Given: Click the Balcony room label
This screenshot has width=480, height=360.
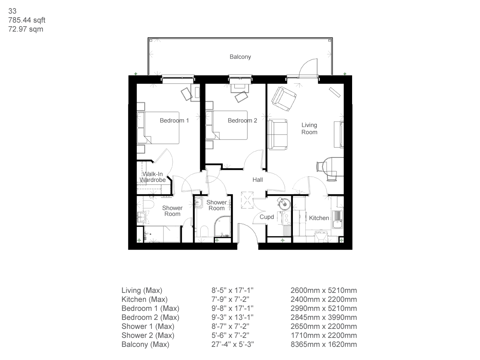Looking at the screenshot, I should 240,57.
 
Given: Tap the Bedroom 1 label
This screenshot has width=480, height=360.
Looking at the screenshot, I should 174,120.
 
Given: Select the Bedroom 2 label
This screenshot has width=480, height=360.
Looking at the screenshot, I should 242,120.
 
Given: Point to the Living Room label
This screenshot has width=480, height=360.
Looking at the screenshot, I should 309,129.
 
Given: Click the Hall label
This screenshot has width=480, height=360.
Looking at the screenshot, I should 257,180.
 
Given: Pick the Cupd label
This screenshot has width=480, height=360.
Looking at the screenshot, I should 267,217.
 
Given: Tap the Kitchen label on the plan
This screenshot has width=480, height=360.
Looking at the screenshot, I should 319,218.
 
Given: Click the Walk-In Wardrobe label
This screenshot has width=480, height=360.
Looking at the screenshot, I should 153,177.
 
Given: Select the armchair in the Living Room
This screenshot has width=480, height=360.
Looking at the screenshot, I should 284,99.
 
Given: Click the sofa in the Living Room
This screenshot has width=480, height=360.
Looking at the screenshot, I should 278,134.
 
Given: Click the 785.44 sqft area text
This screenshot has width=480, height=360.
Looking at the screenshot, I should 27,20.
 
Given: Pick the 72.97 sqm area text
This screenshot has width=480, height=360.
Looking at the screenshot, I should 25,29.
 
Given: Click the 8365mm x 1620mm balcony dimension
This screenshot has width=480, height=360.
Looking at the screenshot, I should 323,344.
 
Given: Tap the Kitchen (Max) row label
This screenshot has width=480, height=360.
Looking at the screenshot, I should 144,299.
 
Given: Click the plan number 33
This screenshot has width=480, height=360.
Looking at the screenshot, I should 12,11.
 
